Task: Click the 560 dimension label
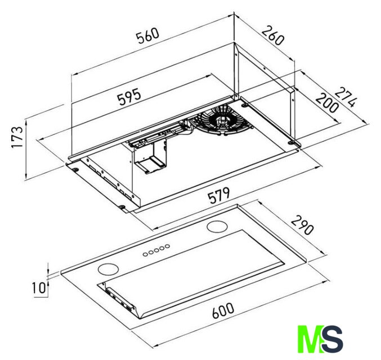pos(147,36)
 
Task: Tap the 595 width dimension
pos(129,97)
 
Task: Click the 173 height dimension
pos(17,137)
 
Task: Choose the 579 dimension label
pos(219,195)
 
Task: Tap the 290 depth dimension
pos(302,226)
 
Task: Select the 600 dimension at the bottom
pos(223,310)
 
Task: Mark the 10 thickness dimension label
pos(39,288)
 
